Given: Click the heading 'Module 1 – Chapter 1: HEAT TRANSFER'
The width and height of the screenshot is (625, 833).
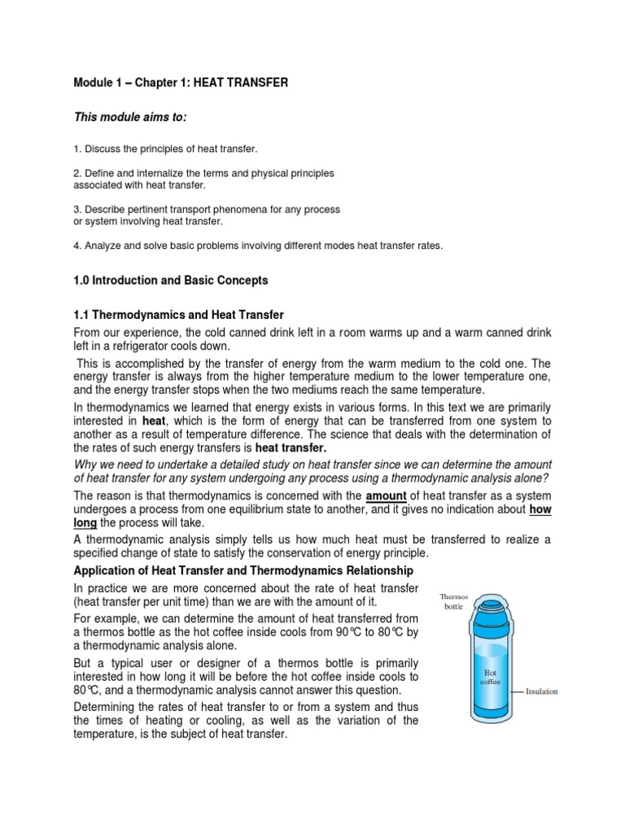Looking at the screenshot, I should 180,84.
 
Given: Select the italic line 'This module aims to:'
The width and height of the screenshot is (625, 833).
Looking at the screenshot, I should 130,118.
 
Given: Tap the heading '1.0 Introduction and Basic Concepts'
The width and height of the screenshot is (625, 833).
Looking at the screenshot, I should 170,281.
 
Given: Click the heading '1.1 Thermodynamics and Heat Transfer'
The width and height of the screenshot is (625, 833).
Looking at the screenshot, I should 178,314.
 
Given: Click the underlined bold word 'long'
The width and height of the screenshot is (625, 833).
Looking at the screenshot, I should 85,522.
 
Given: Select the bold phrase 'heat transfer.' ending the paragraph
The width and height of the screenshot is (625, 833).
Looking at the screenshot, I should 291,447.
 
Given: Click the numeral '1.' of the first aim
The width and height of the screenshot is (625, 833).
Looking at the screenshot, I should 76,150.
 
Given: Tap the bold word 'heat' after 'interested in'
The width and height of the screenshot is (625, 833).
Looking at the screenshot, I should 154,421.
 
